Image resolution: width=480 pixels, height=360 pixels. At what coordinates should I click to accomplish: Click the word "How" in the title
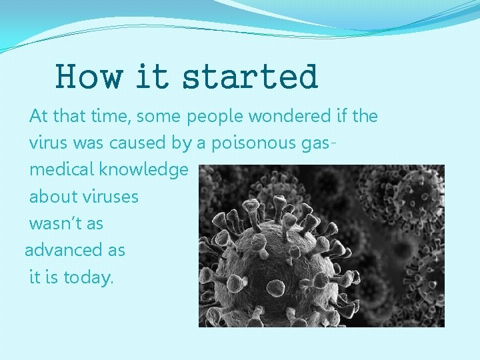pyautogui.click(x=89, y=77)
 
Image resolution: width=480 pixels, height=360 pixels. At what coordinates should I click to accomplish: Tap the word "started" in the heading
pyautogui.click(x=250, y=77)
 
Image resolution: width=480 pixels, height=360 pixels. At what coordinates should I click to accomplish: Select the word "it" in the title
pyautogui.click(x=151, y=77)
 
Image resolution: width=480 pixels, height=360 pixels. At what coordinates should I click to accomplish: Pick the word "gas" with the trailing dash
pyautogui.click(x=319, y=143)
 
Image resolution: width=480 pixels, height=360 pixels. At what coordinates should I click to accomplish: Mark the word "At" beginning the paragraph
pyautogui.click(x=39, y=117)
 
